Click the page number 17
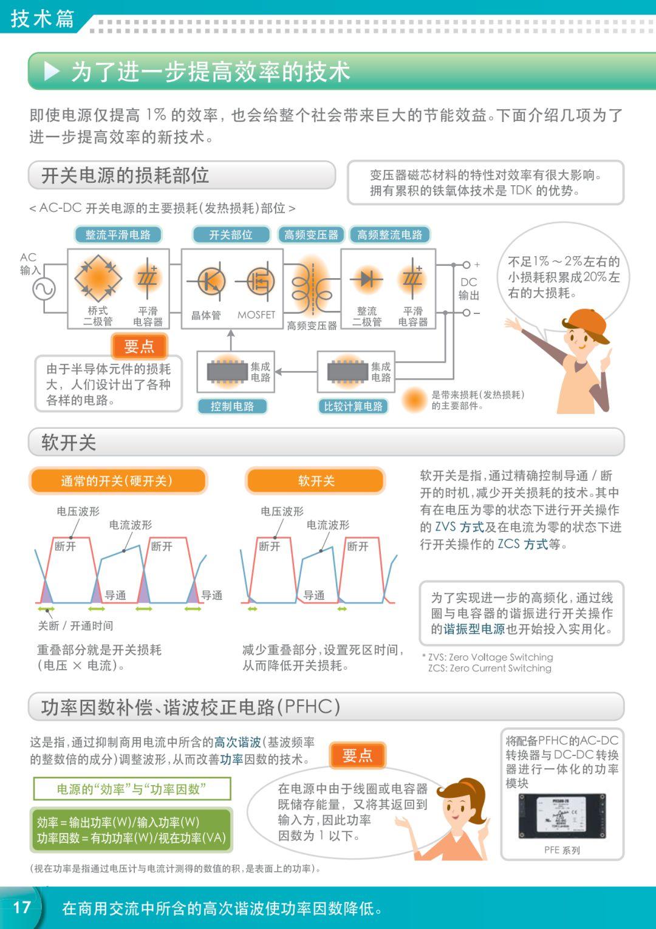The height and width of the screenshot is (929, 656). pyautogui.click(x=22, y=907)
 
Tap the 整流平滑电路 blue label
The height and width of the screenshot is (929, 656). pyautogui.click(x=118, y=235)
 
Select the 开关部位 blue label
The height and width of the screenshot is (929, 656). pyautogui.click(x=231, y=235)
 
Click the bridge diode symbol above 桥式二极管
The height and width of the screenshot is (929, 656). pyautogui.click(x=98, y=279)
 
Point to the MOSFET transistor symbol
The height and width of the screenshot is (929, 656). pyautogui.click(x=259, y=282)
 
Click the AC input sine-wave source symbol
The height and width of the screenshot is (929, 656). pyautogui.click(x=44, y=288)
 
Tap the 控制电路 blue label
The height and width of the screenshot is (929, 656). pyautogui.click(x=232, y=406)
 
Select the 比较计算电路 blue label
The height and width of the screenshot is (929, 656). pyautogui.click(x=353, y=406)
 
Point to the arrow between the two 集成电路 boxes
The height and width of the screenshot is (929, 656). pyautogui.click(x=296, y=372)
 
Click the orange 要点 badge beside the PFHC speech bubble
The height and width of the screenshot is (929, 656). pyautogui.click(x=357, y=756)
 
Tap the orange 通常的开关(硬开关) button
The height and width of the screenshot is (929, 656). pyautogui.click(x=117, y=481)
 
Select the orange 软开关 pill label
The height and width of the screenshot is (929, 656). pyautogui.click(x=316, y=481)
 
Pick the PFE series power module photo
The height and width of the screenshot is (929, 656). pyautogui.click(x=562, y=815)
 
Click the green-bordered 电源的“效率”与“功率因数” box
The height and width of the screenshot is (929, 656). pyautogui.click(x=132, y=789)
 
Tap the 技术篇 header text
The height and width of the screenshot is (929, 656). pyautogui.click(x=43, y=18)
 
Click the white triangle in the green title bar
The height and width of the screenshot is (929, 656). pyautogui.click(x=52, y=72)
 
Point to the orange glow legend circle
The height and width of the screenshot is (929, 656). pyautogui.click(x=415, y=400)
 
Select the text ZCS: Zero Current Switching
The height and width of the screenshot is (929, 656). pyautogui.click(x=490, y=668)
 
